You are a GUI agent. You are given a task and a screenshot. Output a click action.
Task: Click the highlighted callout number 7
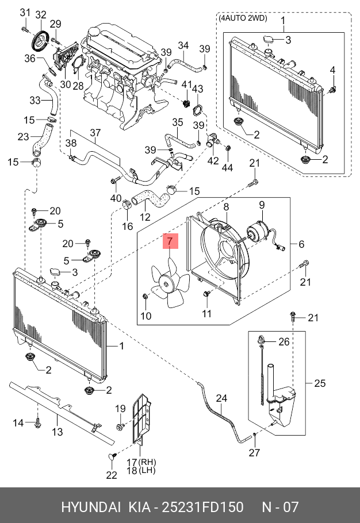pyautogui.click(x=170, y=241)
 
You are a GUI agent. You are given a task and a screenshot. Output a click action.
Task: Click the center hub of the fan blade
pyautogui.click(x=166, y=284)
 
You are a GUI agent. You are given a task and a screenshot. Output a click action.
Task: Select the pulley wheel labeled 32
pyautogui.click(x=40, y=40)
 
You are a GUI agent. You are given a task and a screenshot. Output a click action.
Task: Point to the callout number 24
pyautogui.click(x=221, y=399)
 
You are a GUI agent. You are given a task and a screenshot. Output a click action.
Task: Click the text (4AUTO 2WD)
pyautogui.click(x=243, y=18)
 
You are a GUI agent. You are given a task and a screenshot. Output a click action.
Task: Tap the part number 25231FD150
pyautogui.click(x=202, y=507)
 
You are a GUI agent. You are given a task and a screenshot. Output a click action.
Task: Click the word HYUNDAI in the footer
pyautogui.click(x=90, y=507)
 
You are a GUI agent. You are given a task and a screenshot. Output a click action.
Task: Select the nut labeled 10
pyautogui.click(x=145, y=296)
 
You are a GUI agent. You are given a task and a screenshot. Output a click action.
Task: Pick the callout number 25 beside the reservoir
pyautogui.click(x=320, y=383)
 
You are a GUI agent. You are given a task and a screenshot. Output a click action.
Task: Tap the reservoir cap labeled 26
pyautogui.click(x=261, y=340)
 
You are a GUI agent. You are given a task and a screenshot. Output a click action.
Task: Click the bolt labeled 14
pyautogui.click(x=37, y=424)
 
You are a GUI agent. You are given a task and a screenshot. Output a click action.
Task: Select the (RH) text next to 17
pyautogui.click(x=147, y=462)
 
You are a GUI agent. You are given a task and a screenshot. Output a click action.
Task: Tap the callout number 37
pyautogui.click(x=95, y=133)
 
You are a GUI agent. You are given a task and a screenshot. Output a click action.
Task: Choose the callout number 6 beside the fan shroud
pyautogui.click(x=301, y=244)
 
